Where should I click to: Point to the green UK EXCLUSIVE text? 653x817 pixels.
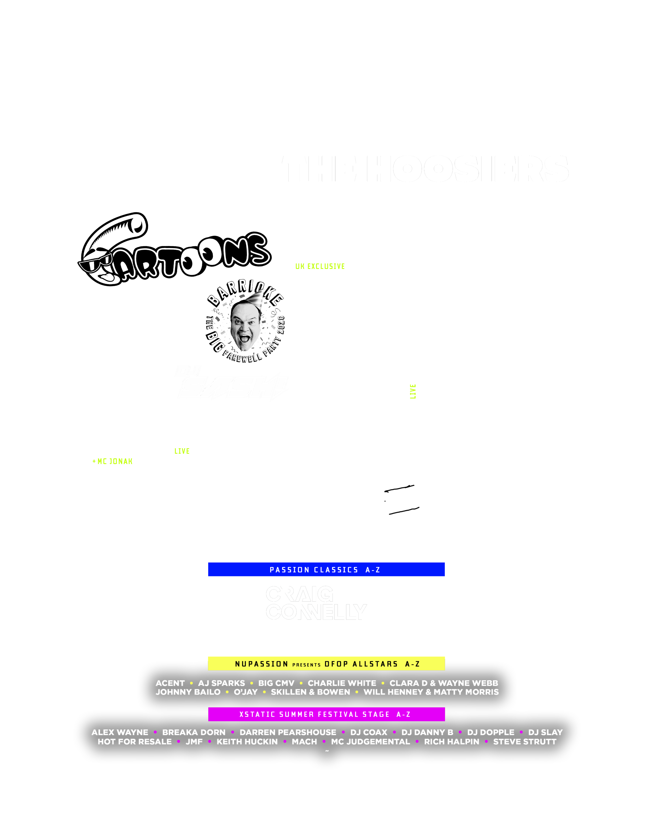320,266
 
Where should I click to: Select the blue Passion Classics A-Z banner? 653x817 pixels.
326,570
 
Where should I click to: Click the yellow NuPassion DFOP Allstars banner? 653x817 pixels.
326,664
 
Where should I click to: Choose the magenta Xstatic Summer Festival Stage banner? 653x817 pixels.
326,714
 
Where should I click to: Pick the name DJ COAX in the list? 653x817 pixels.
369,732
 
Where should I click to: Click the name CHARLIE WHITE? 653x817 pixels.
342,683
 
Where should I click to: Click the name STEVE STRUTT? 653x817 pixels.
525,742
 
